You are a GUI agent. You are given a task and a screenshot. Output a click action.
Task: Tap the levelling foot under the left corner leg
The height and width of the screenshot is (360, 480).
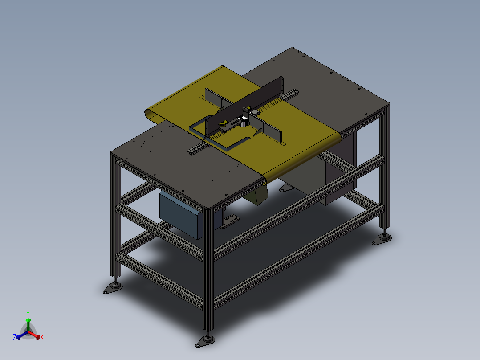click(113, 288)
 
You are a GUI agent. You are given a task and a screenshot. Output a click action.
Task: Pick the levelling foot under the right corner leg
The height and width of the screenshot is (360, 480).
click(382, 239)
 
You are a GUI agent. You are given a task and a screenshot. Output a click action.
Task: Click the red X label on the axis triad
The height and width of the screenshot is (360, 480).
click(42, 338)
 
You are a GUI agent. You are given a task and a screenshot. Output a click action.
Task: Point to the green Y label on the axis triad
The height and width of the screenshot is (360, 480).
click(28, 313)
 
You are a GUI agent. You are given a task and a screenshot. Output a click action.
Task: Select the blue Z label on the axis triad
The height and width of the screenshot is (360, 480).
click(15, 337)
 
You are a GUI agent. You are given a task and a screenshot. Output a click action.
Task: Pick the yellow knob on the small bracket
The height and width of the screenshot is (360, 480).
click(223, 123)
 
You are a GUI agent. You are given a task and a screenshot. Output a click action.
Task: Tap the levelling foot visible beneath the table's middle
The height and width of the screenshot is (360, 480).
click(284, 189)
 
